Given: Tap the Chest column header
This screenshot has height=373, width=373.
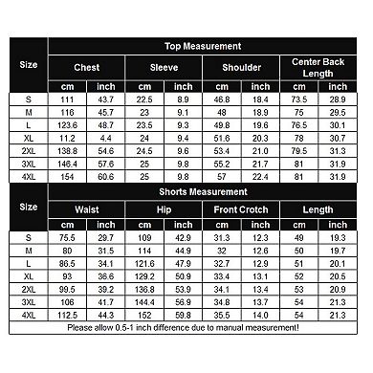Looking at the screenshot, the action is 89,68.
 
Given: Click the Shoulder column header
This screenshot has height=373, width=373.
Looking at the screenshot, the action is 242,68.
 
